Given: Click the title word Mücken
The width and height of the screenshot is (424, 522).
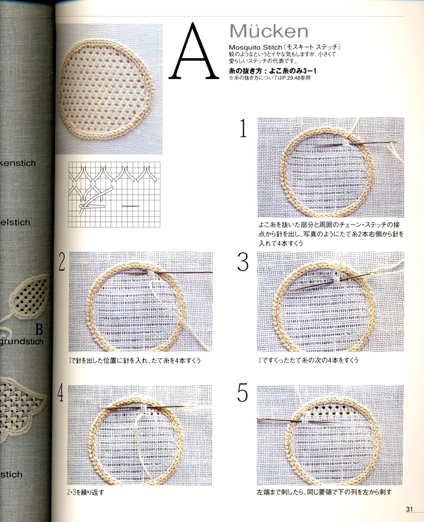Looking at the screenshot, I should pos(268,31).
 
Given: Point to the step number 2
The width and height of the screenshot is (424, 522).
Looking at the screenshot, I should pos(62,263).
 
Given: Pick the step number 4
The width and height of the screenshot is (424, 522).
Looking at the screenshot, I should pos(61,395).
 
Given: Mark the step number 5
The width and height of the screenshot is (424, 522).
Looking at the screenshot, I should pos(243,393).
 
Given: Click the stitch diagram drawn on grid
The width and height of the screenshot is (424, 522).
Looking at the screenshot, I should pos(115,191).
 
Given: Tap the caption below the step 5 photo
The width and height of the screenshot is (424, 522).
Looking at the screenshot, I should pos(324,492).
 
